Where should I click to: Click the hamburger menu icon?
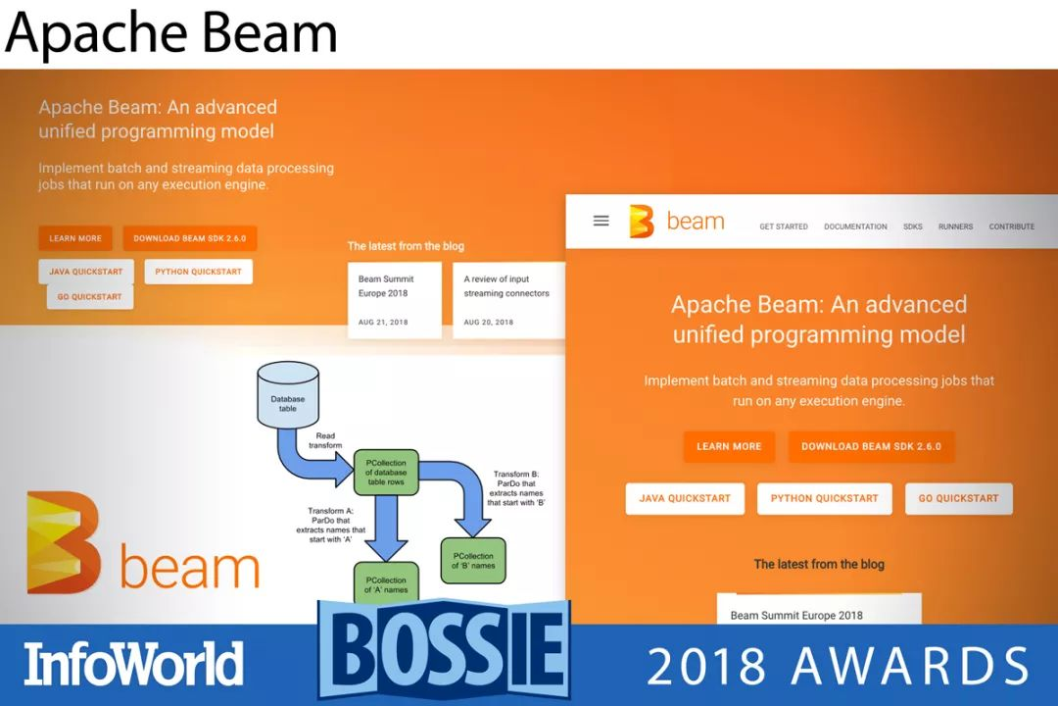click(601, 221)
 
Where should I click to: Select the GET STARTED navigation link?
click(784, 227)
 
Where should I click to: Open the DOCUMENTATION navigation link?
click(855, 227)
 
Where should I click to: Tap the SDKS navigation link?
click(912, 227)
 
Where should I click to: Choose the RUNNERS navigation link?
click(955, 227)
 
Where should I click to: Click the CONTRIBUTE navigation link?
click(1011, 227)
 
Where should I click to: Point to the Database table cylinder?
click(287, 394)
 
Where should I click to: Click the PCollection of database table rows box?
click(386, 473)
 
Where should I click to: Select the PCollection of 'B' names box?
click(473, 561)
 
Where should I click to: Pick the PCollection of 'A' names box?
click(386, 583)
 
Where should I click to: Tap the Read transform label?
click(325, 440)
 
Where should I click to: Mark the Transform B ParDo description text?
click(516, 488)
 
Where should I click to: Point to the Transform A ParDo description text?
click(331, 525)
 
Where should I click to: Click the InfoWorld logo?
click(133, 664)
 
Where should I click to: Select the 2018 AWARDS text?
click(838, 666)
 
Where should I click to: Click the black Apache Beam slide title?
click(170, 33)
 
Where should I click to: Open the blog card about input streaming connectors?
click(508, 300)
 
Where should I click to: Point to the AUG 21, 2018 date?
click(383, 323)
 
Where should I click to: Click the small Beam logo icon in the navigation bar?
click(642, 222)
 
